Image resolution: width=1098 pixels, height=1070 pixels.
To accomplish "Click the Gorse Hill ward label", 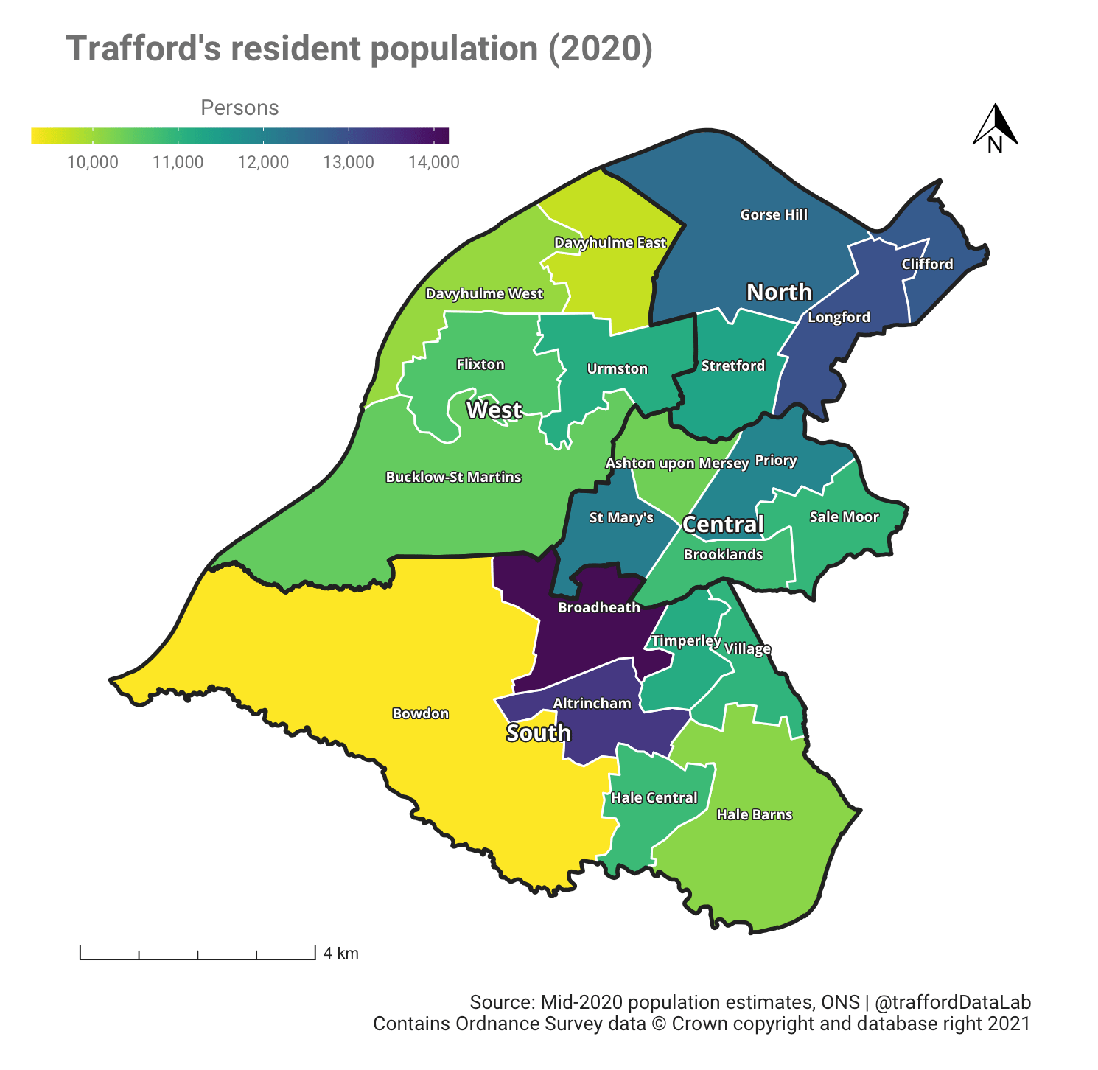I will [x=774, y=214].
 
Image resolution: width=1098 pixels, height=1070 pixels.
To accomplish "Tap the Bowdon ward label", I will [x=420, y=713].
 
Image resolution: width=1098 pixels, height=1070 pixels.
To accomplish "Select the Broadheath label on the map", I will [x=598, y=607].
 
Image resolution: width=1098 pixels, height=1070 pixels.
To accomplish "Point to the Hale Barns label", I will [x=754, y=814].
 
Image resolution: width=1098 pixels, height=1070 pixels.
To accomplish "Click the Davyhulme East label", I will [x=609, y=242].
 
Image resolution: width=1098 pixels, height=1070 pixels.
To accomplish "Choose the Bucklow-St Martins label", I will [x=453, y=477].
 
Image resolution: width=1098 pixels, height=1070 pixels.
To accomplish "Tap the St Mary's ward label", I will [x=621, y=518].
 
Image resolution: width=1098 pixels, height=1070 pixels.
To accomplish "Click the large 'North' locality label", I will [x=779, y=293].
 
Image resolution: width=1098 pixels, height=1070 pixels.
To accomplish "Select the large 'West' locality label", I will [x=494, y=410].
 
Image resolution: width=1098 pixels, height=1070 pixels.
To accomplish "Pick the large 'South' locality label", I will [x=539, y=732].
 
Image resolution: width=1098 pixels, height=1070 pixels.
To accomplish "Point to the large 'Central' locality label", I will [x=723, y=525].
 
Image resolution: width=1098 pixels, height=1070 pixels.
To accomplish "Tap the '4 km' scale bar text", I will [x=340, y=954].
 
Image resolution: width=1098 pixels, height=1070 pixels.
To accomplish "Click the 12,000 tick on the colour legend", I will [x=263, y=162].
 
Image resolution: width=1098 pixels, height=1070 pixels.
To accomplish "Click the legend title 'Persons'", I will [x=239, y=108].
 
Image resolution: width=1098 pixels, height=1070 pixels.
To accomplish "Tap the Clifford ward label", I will [x=927, y=264].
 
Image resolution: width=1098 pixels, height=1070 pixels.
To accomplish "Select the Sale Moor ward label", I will [x=844, y=517].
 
